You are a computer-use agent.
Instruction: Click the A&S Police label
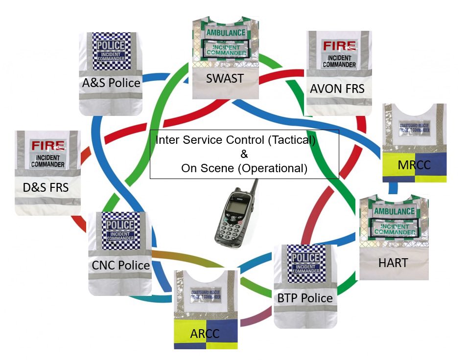click(x=111, y=83)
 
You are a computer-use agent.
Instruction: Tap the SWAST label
click(x=225, y=78)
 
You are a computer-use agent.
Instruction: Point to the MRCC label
click(x=414, y=165)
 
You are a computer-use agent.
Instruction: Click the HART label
click(x=393, y=263)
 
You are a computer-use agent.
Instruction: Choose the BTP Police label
click(x=305, y=298)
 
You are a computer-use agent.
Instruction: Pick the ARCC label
click(x=206, y=333)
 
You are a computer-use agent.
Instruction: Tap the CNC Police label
click(x=120, y=265)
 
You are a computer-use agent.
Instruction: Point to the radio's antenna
click(x=254, y=187)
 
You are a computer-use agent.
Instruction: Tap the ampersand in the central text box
click(x=244, y=154)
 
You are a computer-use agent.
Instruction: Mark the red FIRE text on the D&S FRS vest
click(x=48, y=146)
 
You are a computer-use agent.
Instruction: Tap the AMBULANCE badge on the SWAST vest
click(x=225, y=33)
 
